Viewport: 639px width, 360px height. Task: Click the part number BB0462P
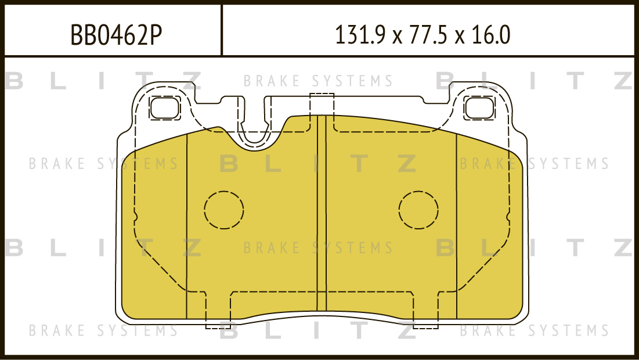click(x=116, y=35)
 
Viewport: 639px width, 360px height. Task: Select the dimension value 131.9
click(x=360, y=35)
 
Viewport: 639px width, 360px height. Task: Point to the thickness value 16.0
click(x=490, y=35)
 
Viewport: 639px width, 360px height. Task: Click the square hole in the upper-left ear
click(x=165, y=108)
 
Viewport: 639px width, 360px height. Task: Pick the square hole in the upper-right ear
click(x=479, y=108)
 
